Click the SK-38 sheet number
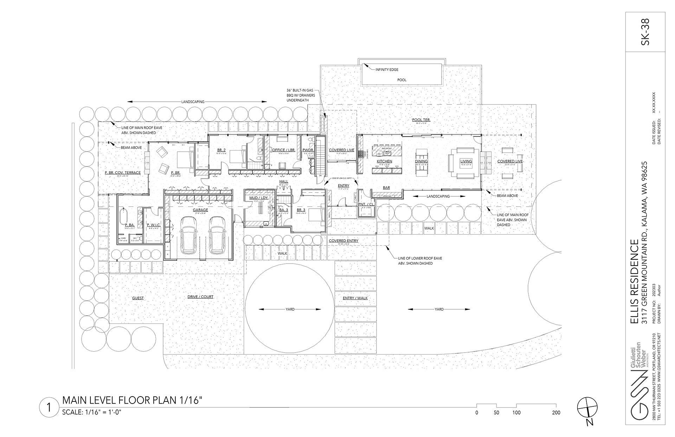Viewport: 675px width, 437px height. click(x=645, y=37)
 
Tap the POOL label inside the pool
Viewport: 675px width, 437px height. click(x=402, y=80)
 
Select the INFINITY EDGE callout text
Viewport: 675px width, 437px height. click(x=387, y=70)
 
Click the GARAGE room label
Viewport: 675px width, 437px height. click(x=200, y=210)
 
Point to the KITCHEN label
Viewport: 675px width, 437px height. click(x=384, y=161)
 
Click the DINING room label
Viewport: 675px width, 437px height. click(x=421, y=161)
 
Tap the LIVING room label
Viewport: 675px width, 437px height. click(x=466, y=161)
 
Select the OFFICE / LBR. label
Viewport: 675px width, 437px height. click(x=283, y=150)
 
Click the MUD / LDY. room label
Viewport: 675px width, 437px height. click(x=259, y=198)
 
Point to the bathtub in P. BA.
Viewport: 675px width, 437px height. click(x=123, y=216)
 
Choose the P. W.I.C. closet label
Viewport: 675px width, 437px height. click(x=154, y=225)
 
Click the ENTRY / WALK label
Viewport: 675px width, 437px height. click(x=355, y=298)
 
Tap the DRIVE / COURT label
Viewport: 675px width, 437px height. click(x=200, y=297)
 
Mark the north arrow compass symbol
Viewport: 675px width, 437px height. click(x=587, y=408)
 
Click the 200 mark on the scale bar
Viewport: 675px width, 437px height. click(x=556, y=413)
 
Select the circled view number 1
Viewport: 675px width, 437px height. click(x=50, y=407)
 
